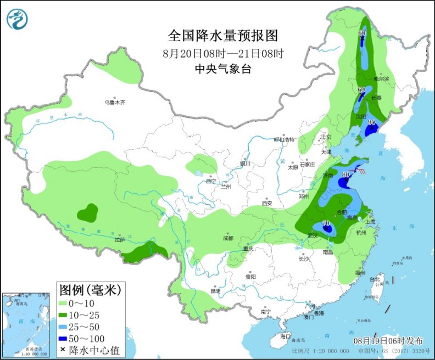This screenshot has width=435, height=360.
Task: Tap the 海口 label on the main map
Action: tap(285, 336)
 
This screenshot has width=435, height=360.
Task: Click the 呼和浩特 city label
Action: tap(284, 139)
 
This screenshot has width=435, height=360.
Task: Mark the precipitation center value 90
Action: tap(371, 122)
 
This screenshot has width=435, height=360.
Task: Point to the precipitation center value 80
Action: tap(345, 175)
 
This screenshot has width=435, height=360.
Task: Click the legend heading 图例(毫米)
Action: tap(89, 289)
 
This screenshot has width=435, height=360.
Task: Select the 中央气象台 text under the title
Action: tap(223, 69)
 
